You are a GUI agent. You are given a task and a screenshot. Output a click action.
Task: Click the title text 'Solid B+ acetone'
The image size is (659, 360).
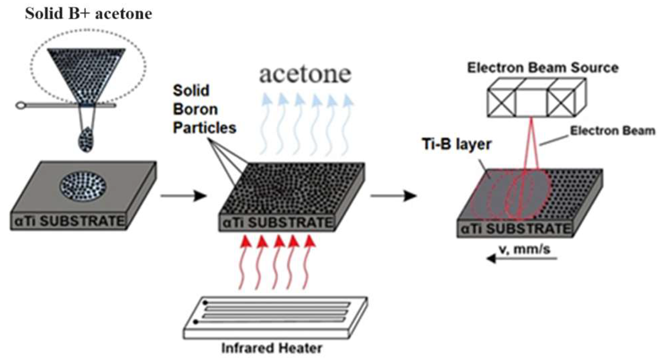[x=88, y=14]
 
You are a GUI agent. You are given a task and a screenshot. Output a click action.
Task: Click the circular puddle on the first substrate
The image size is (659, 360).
[x=83, y=187]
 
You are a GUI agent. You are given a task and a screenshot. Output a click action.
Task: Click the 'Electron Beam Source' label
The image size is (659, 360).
[x=542, y=68]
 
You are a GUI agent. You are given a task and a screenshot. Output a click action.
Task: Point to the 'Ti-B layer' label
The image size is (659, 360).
[x=457, y=144]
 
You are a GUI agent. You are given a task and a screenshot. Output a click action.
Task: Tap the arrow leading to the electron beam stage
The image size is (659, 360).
[x=393, y=195]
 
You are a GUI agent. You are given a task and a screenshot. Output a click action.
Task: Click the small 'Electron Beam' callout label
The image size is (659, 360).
[x=612, y=131]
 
